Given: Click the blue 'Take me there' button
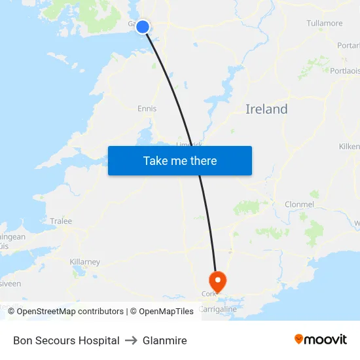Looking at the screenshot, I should tap(179, 160).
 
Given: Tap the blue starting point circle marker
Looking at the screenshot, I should tap(143, 27).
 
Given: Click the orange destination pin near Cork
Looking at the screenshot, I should tap(217, 281).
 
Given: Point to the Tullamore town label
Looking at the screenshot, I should tap(324, 24).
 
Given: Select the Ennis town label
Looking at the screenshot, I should tap(147, 109).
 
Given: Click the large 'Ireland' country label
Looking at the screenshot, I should tap(266, 109).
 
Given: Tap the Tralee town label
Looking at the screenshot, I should tap(61, 221).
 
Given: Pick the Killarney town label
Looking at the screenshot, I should tap(84, 262).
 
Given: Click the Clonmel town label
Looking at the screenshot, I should tap(299, 204).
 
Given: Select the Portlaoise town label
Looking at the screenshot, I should tap(345, 71).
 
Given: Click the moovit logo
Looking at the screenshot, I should tap(320, 339).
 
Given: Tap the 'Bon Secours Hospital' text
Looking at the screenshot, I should tap(66, 340).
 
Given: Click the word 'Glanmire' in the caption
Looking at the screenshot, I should tap(164, 340).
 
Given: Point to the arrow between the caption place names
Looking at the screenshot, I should tap(131, 340).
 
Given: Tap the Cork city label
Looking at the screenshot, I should tap(208, 295).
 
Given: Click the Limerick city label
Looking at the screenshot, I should tap(189, 144).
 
